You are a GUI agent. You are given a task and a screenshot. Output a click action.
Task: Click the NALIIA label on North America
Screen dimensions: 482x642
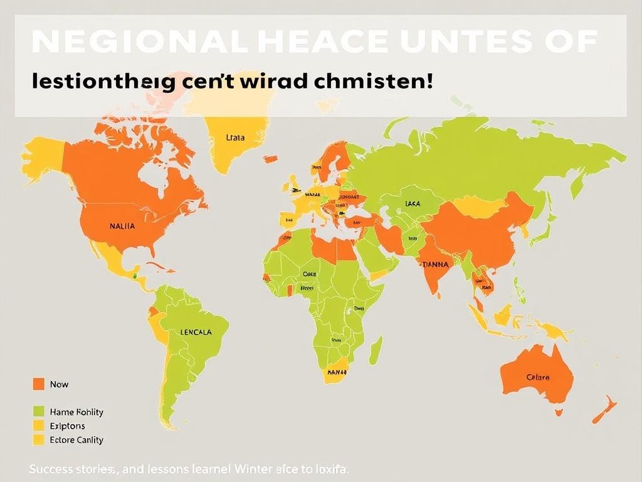pos(122,227)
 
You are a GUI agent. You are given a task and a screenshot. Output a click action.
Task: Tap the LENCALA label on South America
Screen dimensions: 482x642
pos(195,332)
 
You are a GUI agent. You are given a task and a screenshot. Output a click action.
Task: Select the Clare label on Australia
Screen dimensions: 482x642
pos(538,377)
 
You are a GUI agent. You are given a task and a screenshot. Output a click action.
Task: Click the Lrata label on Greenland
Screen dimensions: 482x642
pos(234,137)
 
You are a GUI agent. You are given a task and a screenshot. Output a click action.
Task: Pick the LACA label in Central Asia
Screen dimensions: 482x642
pos(413,203)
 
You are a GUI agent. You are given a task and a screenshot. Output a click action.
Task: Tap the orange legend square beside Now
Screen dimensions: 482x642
pos(38,384)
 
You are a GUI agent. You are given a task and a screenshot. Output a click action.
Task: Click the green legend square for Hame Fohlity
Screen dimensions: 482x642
pos(38,412)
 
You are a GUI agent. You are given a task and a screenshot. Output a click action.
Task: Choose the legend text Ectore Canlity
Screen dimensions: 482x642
pos(76,440)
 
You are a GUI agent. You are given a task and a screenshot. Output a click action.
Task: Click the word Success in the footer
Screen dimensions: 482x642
pos(50,469)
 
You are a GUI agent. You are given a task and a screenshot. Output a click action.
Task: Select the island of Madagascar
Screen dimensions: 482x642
pos(375,351)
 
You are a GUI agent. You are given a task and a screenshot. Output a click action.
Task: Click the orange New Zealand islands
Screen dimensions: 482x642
pos(603,410)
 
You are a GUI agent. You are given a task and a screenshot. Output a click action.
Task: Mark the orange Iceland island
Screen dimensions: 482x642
pos(270,159)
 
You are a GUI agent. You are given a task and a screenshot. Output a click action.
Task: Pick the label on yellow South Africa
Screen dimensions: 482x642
pos(337,372)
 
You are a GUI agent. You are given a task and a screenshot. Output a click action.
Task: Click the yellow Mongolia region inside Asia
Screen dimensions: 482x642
pos(480,206)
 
